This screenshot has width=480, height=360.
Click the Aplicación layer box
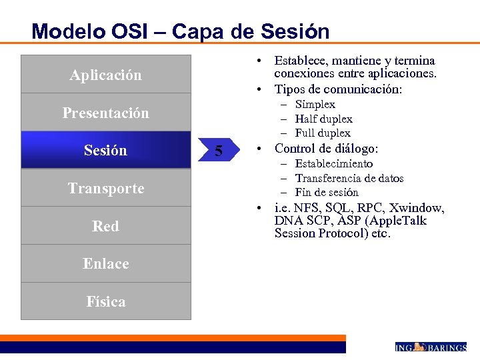(105, 75)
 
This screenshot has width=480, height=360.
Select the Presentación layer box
(105, 113)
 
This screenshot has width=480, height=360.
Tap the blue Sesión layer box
(105, 150)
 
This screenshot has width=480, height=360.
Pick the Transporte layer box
(105, 188)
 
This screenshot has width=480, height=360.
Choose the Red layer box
(105, 226)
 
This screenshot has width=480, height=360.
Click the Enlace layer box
(105, 263)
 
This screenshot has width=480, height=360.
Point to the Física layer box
(105, 301)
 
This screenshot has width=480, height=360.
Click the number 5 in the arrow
(218, 151)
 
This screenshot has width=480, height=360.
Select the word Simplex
(315, 105)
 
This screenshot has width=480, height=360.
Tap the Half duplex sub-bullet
(323, 119)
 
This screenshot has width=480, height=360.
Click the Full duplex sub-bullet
(323, 133)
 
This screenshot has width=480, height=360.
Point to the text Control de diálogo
(326, 149)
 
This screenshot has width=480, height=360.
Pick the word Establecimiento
(334, 164)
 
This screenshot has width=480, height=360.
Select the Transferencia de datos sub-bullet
(349, 178)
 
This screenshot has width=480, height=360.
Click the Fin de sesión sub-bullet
(327, 192)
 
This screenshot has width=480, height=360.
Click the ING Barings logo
(430, 347)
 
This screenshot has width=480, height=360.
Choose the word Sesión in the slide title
(297, 31)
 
